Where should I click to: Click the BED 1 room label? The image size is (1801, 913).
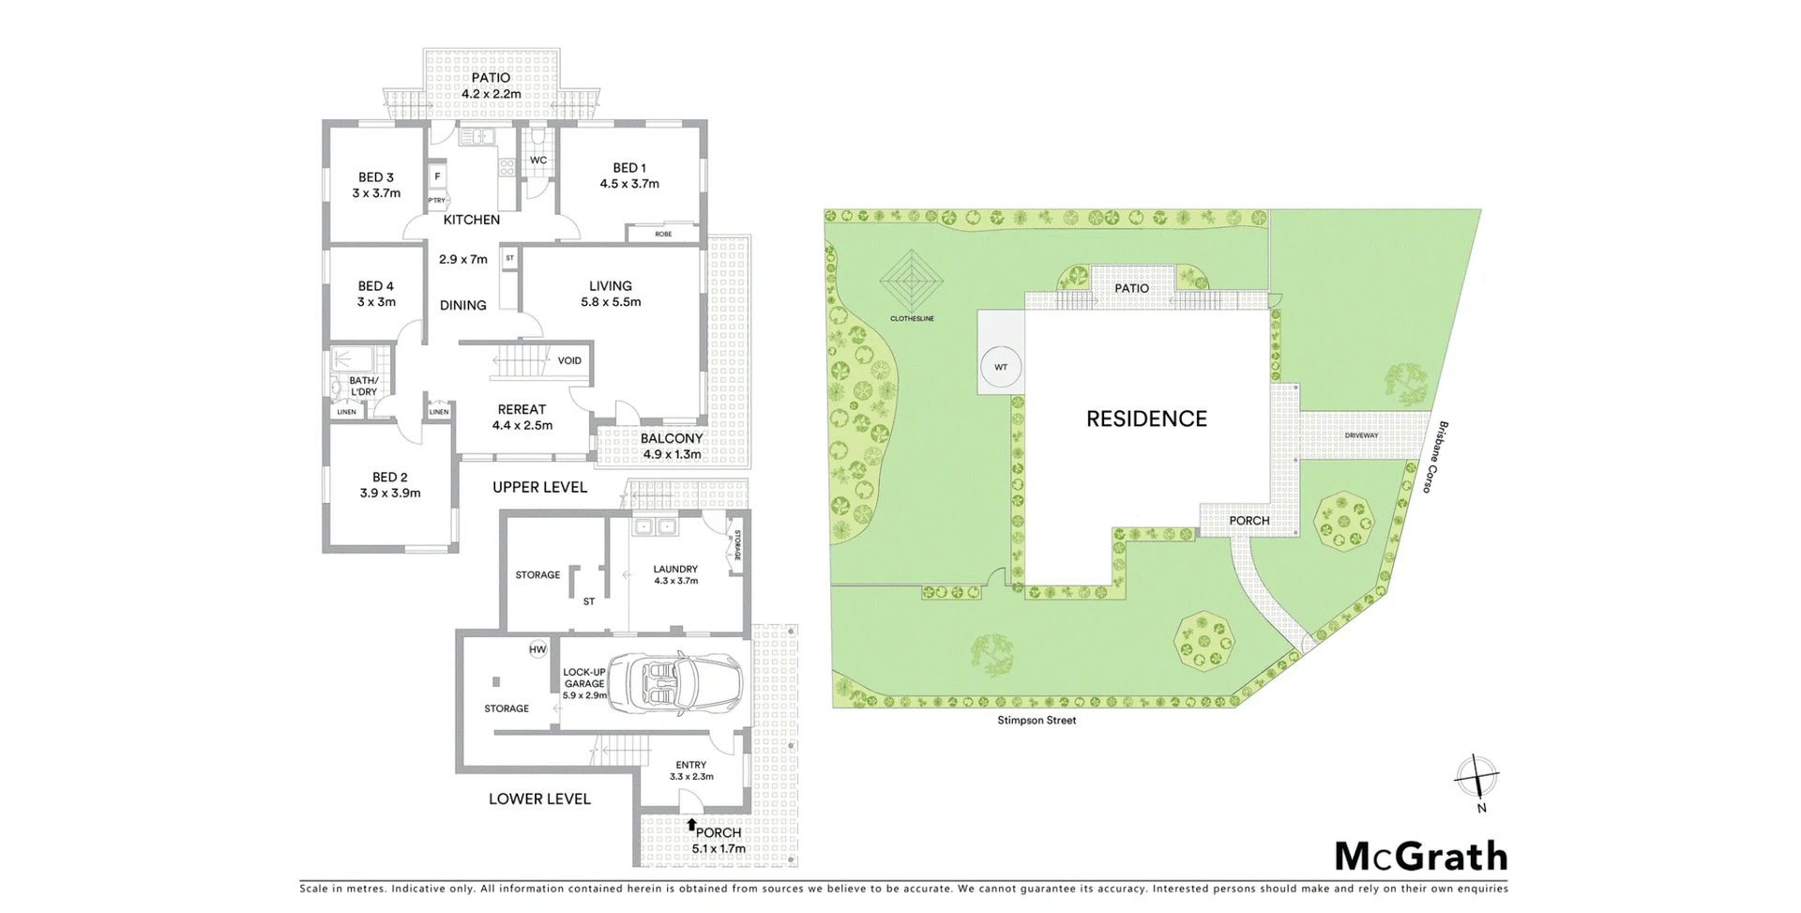click(629, 168)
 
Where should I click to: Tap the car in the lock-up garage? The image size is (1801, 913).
click(675, 682)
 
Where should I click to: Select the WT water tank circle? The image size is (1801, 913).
click(1000, 367)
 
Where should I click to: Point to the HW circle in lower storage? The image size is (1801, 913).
click(537, 649)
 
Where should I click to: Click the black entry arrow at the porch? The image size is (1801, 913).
click(691, 825)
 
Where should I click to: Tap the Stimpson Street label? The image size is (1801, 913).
click(1037, 721)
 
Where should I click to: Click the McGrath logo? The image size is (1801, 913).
click(1420, 857)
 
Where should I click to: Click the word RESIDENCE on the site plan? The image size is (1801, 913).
click(1146, 418)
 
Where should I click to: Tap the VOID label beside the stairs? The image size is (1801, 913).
click(569, 360)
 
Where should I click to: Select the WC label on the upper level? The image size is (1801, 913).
click(538, 160)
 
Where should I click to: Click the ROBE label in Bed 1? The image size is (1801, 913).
click(663, 234)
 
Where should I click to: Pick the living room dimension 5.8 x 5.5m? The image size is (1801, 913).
click(611, 302)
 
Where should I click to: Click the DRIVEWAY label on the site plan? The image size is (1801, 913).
click(1361, 435)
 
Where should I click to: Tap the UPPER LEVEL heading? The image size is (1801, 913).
click(539, 487)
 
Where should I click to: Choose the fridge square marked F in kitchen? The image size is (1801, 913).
click(437, 176)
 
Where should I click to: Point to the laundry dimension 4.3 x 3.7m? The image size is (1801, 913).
click(675, 581)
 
